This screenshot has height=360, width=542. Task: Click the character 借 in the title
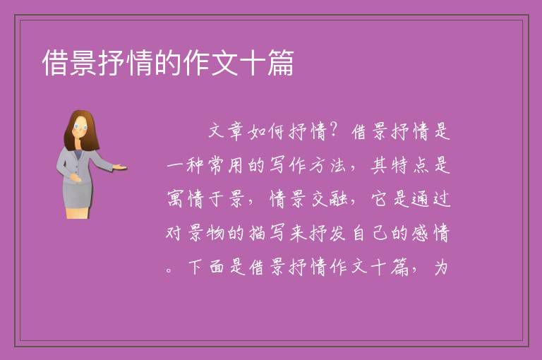pyautogui.click(x=55, y=63)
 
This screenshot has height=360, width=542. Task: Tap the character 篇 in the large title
pyautogui.click(x=280, y=63)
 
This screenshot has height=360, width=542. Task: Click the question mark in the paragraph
pyautogui.click(x=334, y=131)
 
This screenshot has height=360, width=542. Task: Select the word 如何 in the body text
pyautogui.click(x=266, y=131)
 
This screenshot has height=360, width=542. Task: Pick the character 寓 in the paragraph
pyautogui.click(x=175, y=199)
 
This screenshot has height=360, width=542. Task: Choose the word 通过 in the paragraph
pyautogui.click(x=431, y=199)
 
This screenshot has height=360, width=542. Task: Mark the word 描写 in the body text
pyautogui.click(x=267, y=233)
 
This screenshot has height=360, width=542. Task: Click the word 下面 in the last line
pyautogui.click(x=206, y=267)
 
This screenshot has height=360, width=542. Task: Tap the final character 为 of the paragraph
pyautogui.click(x=441, y=267)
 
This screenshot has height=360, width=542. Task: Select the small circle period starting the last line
pyautogui.click(x=169, y=270)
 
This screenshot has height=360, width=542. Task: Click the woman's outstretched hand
pyautogui.click(x=119, y=167)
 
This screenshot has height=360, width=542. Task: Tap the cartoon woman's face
pyautogui.click(x=80, y=128)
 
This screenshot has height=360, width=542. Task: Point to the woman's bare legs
pyautogui.click(x=77, y=212)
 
